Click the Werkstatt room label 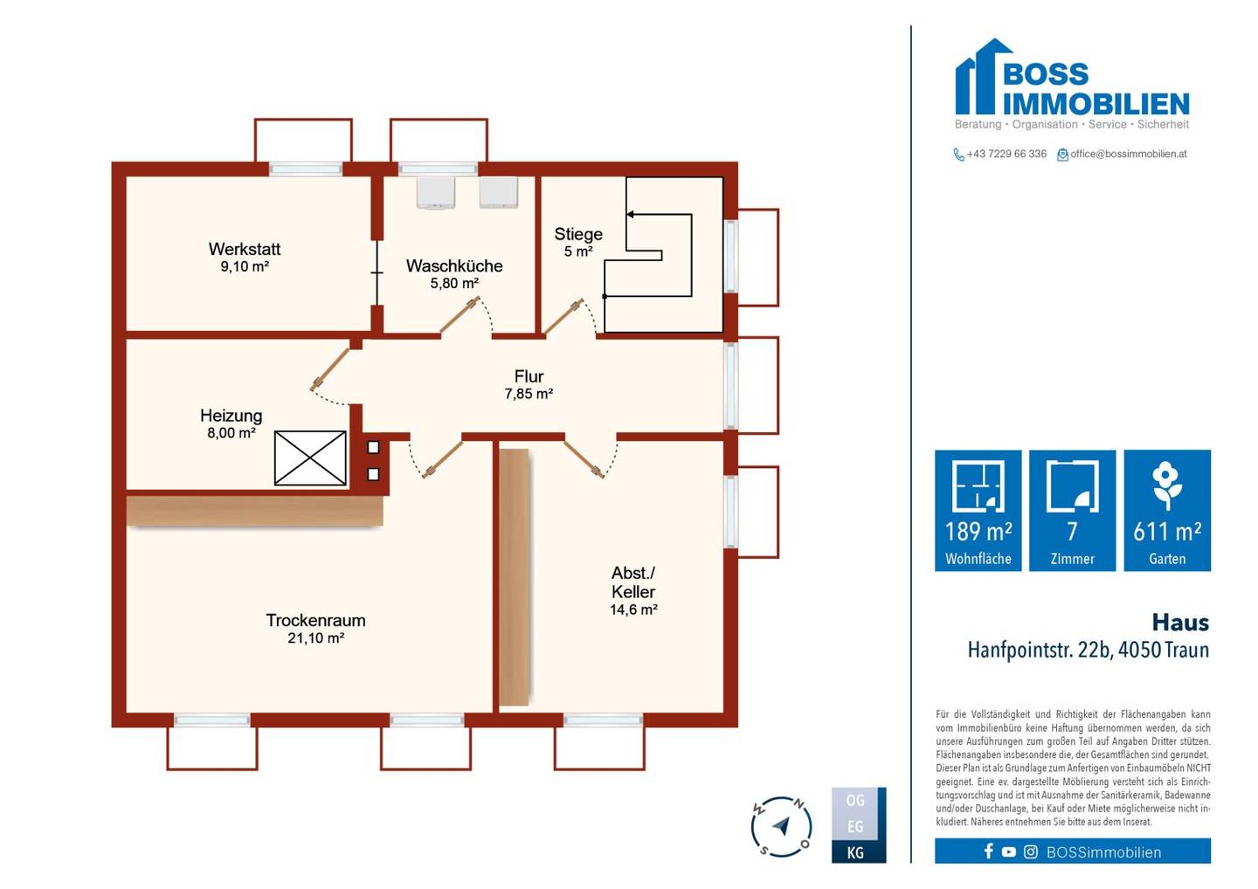[x=245, y=249]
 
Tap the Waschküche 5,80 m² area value [x=454, y=284]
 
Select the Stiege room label [x=578, y=234]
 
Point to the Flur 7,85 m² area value [x=529, y=394]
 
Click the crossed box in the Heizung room [x=310, y=458]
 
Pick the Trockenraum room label [x=315, y=620]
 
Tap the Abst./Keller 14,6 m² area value [x=633, y=610]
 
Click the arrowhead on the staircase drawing [x=630, y=215]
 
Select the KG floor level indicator [x=855, y=853]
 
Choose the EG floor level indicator [x=855, y=827]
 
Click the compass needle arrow [x=782, y=825]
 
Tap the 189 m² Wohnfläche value [x=978, y=531]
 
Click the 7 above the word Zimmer [x=1072, y=531]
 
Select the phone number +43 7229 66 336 [x=1006, y=154]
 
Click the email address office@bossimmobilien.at [x=1129, y=154]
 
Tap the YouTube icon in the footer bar [x=1009, y=852]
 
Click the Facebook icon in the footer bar [x=988, y=851]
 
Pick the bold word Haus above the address [x=1180, y=623]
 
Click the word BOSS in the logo [x=1046, y=74]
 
